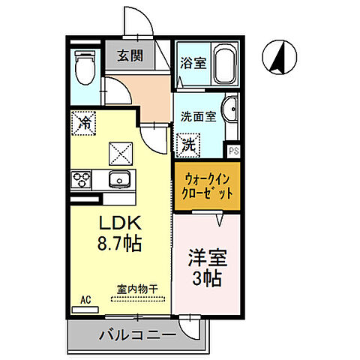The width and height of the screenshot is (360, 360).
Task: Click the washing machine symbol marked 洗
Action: pos(188,143)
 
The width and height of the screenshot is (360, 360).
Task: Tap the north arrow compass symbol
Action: pos(278,57)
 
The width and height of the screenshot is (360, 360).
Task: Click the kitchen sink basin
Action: pos(118,180)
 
